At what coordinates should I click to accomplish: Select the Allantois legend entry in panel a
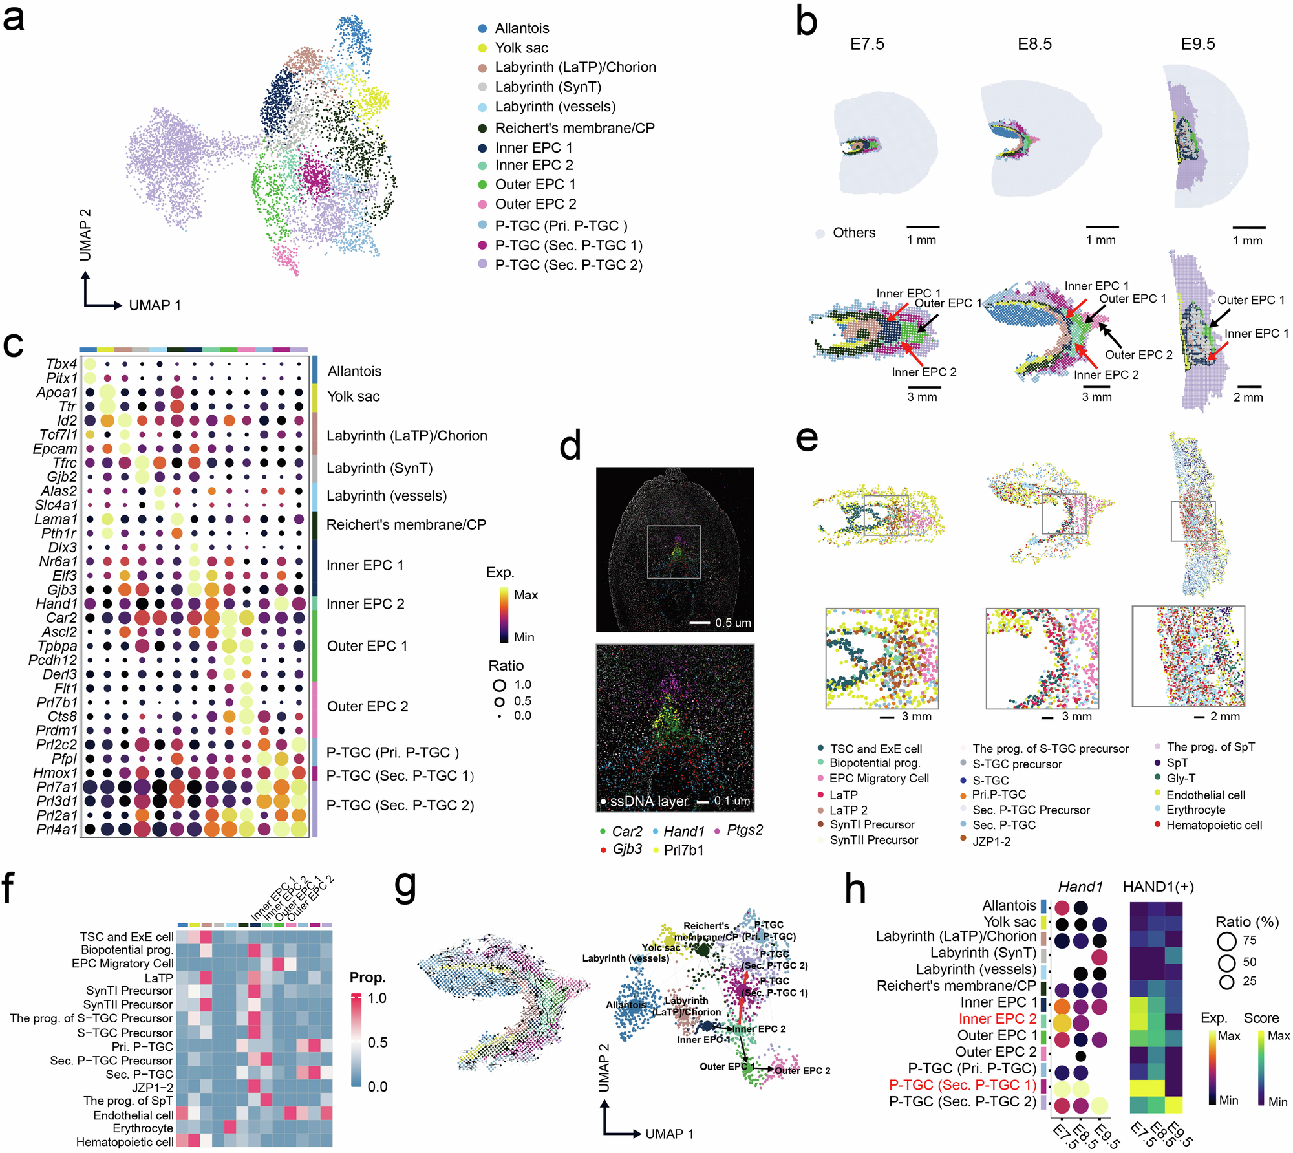[522, 28]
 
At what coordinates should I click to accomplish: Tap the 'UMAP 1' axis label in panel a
[155, 305]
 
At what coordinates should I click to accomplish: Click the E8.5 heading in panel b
[1034, 44]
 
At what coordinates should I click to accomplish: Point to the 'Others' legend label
[853, 233]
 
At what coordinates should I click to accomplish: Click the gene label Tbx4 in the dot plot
[61, 364]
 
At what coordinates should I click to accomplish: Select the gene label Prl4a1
[57, 829]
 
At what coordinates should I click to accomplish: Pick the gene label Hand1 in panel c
[56, 604]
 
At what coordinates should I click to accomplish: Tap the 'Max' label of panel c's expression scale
[526, 595]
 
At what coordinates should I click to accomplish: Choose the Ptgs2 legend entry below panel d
[744, 830]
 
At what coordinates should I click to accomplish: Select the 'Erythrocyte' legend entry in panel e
[1195, 810]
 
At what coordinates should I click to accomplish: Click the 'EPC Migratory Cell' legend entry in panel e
[879, 779]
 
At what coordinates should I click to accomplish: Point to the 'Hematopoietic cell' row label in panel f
[125, 1142]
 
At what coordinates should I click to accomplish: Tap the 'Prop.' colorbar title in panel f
[367, 977]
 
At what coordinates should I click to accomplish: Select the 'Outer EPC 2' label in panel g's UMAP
[802, 1070]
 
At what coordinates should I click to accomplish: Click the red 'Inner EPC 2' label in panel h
[997, 1018]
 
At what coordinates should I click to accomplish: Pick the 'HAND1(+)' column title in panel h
[1158, 887]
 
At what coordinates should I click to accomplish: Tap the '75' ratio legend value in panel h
[1249, 940]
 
